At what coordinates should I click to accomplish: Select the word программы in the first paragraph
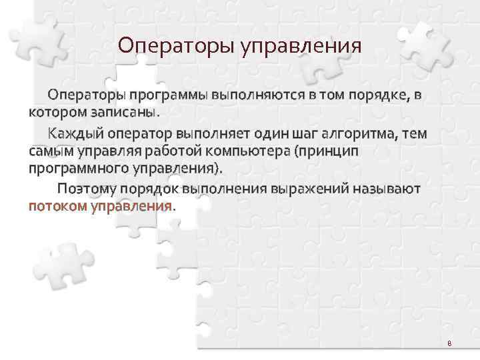[x=168, y=95]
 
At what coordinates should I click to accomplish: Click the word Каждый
[x=76, y=135]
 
